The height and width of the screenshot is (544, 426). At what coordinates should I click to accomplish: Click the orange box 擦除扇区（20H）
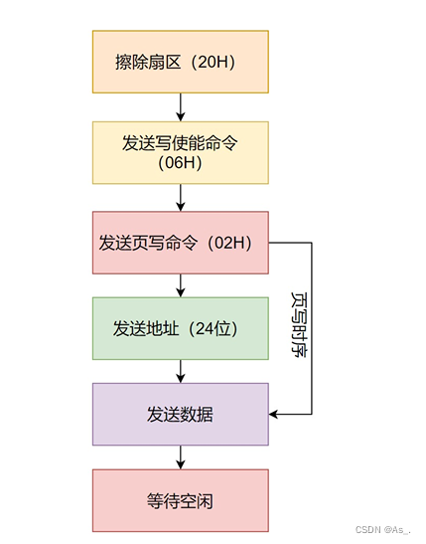point(180,61)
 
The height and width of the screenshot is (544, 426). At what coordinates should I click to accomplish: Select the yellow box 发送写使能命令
point(180,152)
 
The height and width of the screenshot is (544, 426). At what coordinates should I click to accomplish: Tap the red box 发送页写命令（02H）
point(180,243)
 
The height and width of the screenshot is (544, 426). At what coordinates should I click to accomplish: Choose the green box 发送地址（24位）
point(180,328)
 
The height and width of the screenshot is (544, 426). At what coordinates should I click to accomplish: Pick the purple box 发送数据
point(180,414)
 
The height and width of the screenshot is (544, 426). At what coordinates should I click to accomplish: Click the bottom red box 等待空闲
point(180,500)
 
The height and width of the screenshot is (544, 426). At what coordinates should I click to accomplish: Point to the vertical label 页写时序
point(298,325)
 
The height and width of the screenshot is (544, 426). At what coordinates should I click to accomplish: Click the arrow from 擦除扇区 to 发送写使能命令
point(180,106)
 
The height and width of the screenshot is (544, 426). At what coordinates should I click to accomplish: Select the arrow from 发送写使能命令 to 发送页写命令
point(180,197)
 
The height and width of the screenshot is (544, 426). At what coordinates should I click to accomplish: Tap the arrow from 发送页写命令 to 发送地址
point(180,285)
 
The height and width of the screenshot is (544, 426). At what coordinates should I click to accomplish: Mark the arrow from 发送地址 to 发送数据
point(180,371)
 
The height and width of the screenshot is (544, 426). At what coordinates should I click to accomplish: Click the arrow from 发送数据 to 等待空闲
point(180,457)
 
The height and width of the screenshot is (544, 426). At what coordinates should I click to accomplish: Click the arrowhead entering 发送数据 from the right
point(275,414)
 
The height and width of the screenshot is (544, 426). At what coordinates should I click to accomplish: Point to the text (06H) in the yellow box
point(180,163)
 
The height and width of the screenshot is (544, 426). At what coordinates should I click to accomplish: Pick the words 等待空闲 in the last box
point(180,500)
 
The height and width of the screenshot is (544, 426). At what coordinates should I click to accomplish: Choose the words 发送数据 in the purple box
point(180,414)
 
